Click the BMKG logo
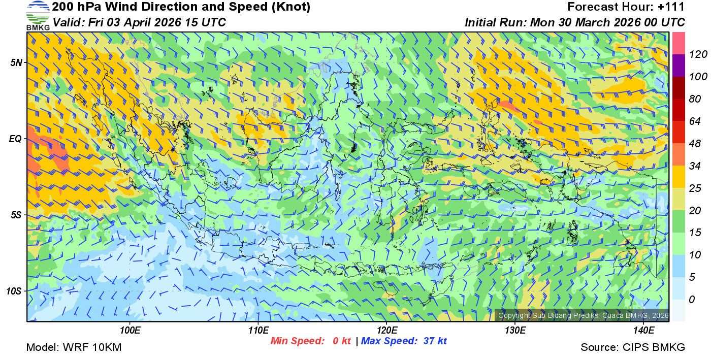point(38,15)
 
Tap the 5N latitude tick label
point(16,62)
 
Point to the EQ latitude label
point(16,139)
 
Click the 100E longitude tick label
point(131,330)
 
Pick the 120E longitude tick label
point(387,330)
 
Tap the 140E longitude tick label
point(644,330)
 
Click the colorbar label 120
point(695,55)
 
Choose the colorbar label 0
point(691,300)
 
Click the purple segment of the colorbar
point(678,66)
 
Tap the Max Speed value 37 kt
point(435,341)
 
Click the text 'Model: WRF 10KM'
point(74,348)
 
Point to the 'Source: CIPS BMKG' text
point(633,348)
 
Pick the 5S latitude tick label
point(16,215)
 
